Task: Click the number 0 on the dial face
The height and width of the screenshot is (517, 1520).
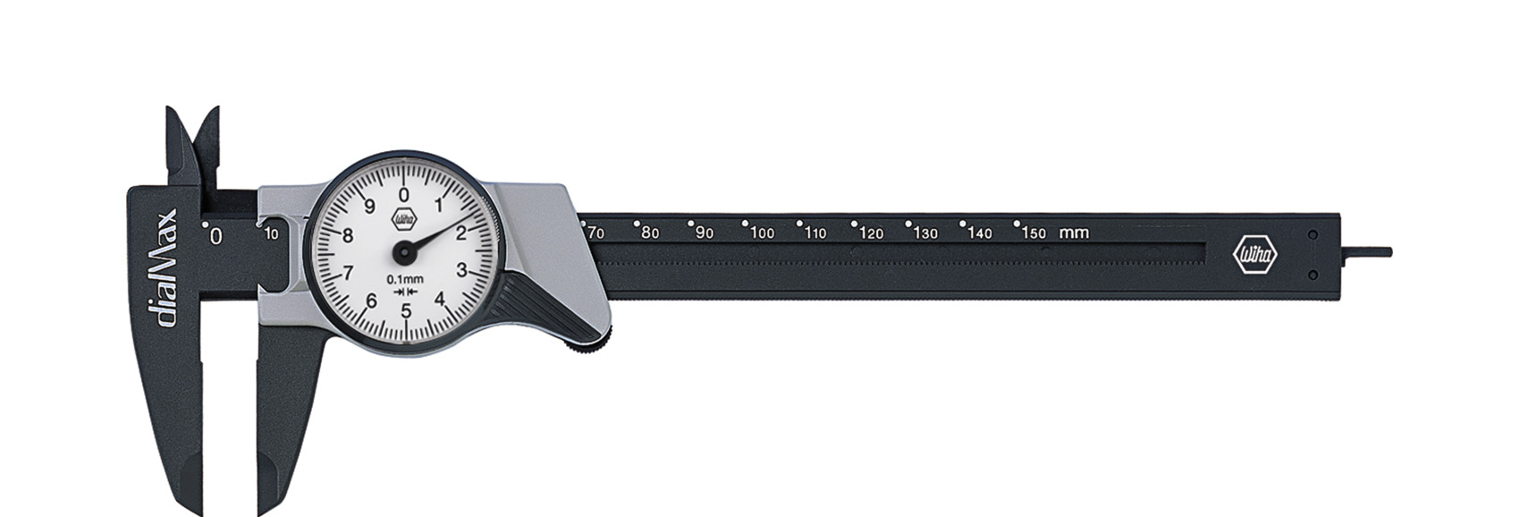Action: pos(404,195)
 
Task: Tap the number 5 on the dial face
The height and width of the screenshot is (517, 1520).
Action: pos(406,310)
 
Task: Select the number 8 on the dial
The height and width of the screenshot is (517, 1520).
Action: pos(348,235)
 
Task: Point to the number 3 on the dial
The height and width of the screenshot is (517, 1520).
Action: pos(461,270)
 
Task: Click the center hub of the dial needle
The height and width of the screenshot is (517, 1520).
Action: pos(404,252)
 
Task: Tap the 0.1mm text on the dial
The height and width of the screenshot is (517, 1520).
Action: pos(405,279)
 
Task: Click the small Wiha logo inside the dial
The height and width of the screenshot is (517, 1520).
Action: pos(404,219)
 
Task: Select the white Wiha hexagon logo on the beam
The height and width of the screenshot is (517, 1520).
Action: pos(1254,254)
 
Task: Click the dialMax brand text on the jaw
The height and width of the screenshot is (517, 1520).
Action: pos(164,268)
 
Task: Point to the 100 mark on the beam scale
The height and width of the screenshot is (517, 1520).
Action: pos(762,233)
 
